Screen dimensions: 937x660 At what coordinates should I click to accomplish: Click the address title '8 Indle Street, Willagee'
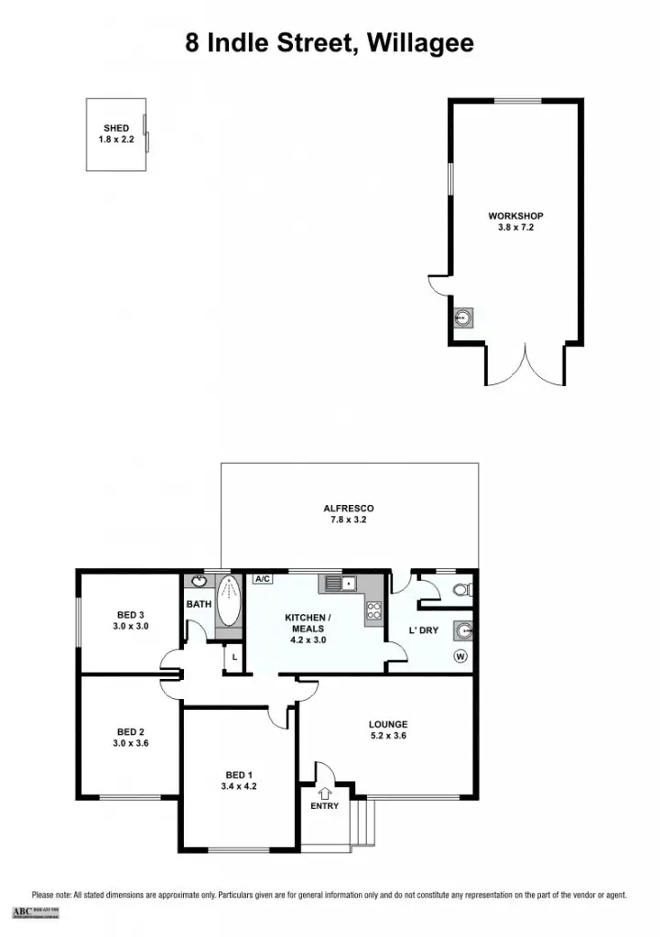[330, 44]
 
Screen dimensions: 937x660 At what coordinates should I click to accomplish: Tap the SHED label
[116, 128]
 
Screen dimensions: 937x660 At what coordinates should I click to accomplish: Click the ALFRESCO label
[348, 509]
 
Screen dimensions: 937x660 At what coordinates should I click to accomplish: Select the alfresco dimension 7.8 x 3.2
[348, 520]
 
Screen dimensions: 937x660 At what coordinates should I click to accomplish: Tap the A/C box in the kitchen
[263, 579]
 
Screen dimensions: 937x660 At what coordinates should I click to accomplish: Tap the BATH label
[199, 605]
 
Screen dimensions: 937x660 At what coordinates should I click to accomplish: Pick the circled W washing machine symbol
[460, 656]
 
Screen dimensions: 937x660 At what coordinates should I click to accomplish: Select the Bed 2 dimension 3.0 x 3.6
[131, 743]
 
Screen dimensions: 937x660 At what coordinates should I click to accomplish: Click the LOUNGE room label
[388, 724]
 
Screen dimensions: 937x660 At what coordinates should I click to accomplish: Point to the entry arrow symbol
[325, 792]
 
